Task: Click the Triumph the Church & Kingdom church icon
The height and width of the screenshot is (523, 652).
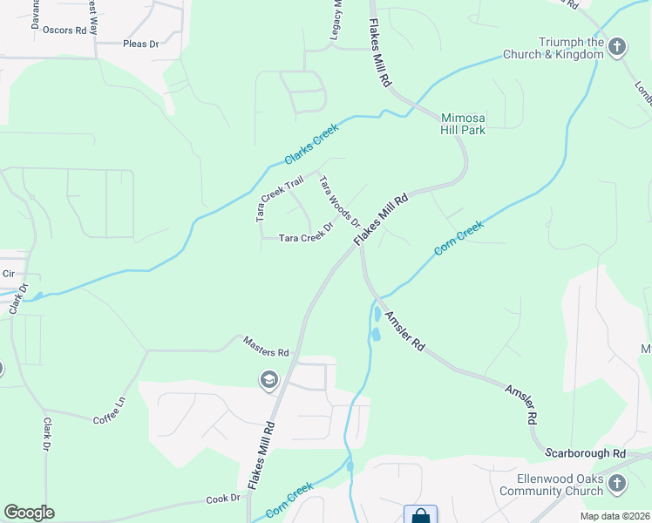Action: (617, 46)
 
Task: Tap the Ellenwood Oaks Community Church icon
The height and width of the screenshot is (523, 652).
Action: (617, 483)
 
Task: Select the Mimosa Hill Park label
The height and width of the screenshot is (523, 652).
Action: (463, 124)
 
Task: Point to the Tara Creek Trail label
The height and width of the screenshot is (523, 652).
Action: (278, 197)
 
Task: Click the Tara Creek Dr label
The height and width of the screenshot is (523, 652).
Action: (306, 236)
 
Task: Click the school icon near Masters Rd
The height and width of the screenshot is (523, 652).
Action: (268, 379)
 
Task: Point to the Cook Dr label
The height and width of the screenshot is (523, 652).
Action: (223, 498)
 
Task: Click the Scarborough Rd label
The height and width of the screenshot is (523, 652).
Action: (586, 453)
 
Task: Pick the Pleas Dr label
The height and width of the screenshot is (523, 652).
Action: (141, 43)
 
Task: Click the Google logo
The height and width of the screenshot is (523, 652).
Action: (29, 513)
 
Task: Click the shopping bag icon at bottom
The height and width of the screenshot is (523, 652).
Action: (420, 515)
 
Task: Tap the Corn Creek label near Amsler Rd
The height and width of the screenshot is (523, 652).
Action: (458, 237)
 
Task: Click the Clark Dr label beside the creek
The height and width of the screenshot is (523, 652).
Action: (18, 297)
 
